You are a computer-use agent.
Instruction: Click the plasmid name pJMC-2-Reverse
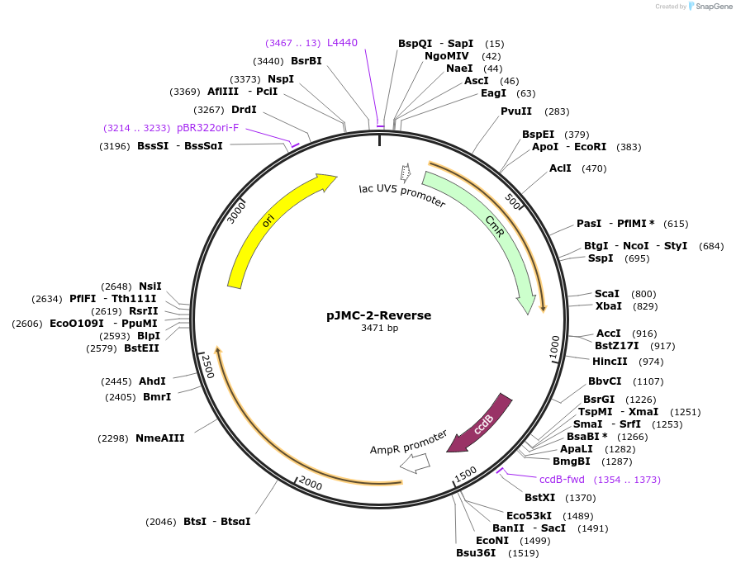(378, 315)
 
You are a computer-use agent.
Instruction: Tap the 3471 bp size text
(378, 329)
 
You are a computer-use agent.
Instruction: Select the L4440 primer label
(342, 42)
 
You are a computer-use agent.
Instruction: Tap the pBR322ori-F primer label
(207, 128)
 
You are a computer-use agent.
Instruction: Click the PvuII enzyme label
(516, 111)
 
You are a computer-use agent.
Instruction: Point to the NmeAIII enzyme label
(159, 438)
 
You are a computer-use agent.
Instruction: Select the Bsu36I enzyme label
(476, 553)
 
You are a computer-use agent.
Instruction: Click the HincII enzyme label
(610, 362)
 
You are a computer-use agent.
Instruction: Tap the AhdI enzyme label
(152, 381)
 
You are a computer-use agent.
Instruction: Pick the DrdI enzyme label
(244, 110)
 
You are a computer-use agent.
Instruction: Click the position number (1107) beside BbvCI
(648, 381)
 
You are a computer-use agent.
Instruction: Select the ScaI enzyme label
(607, 294)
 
